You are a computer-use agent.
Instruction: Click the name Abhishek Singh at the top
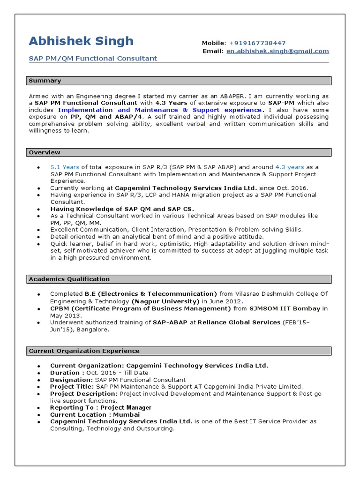pos(81,41)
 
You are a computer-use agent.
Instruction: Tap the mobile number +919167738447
pos(258,43)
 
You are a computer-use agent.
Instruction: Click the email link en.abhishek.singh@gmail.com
pos(277,51)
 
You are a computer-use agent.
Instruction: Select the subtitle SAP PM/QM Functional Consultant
pos(93,59)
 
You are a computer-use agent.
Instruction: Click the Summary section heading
pos(45,81)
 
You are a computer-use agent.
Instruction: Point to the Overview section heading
pos(45,152)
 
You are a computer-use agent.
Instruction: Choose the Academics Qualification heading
pos(69,279)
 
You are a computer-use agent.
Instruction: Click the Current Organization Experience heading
pos(84,351)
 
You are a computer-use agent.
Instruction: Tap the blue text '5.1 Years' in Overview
pos(65,167)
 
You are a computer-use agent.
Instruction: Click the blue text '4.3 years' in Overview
pos(290,167)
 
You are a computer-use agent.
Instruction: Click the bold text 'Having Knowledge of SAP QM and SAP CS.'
pos(122,209)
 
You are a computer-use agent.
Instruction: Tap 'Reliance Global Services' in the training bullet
pos(239,322)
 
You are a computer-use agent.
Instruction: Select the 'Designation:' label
pos(72,380)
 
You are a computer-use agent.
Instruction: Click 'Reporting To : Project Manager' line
pos(101,408)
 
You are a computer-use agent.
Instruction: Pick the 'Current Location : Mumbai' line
pos(95,415)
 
